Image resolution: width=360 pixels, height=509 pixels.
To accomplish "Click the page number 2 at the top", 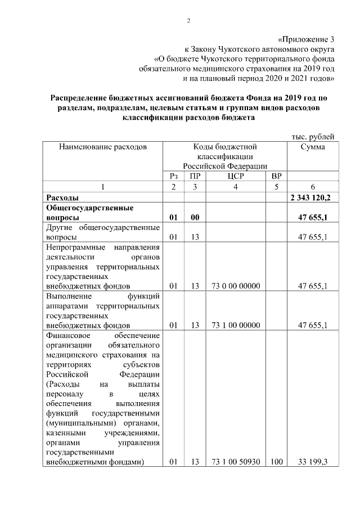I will (x=189, y=21).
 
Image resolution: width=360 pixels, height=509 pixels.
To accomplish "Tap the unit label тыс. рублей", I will (x=313, y=136).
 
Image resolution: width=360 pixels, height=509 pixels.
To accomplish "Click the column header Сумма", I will (x=312, y=147).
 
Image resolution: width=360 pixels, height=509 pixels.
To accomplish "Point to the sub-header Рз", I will (x=173, y=176).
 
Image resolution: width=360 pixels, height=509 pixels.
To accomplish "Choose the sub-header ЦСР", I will (x=235, y=176).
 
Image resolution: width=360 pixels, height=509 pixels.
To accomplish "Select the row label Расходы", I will (x=62, y=198).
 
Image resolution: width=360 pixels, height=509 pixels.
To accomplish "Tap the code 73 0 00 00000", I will (x=235, y=286).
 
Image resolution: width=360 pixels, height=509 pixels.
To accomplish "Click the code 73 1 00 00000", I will (x=235, y=325).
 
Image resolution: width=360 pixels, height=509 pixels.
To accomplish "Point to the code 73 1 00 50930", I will (x=235, y=462).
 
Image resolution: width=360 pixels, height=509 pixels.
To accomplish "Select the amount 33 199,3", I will (x=313, y=462).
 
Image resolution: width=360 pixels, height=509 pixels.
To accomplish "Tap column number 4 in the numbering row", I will (x=235, y=187).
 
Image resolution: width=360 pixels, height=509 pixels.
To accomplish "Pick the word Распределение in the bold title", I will (x=83, y=98).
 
